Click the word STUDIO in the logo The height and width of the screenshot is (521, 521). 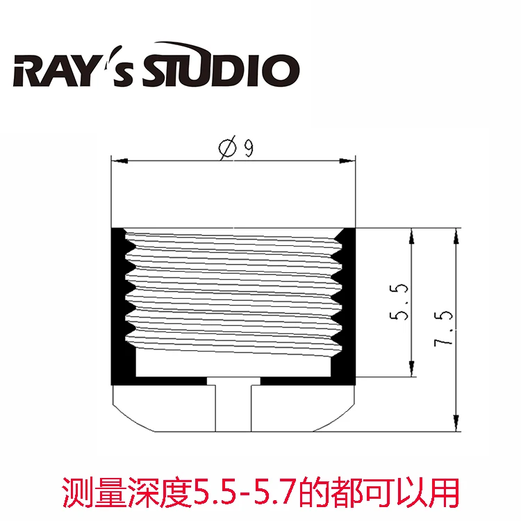[221, 69]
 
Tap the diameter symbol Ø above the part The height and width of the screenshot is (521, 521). [226, 149]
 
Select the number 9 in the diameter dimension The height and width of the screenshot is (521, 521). [247, 149]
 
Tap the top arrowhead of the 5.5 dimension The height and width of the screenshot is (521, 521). [411, 236]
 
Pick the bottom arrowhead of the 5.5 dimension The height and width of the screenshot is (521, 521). [411, 370]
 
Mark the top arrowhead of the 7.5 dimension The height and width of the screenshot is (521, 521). [456, 236]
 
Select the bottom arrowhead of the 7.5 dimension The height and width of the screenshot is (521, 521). [456, 422]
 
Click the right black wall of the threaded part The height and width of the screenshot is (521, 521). [349, 306]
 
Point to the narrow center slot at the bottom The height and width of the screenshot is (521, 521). [234, 406]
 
